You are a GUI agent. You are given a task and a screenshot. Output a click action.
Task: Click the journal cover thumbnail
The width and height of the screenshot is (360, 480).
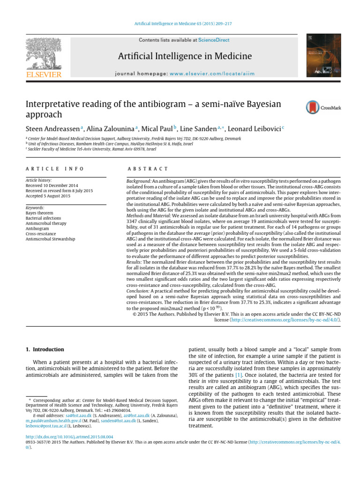(323, 55)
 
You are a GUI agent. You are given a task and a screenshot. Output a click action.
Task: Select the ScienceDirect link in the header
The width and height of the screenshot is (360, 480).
(214, 40)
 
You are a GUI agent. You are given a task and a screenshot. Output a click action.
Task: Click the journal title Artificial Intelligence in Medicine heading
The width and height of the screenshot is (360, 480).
(184, 57)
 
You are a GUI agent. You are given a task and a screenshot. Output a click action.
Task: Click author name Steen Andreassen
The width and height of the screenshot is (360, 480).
(52, 128)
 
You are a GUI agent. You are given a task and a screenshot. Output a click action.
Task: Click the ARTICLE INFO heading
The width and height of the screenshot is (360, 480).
(54, 169)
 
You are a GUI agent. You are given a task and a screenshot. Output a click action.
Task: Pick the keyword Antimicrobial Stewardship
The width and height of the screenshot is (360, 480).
(51, 239)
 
